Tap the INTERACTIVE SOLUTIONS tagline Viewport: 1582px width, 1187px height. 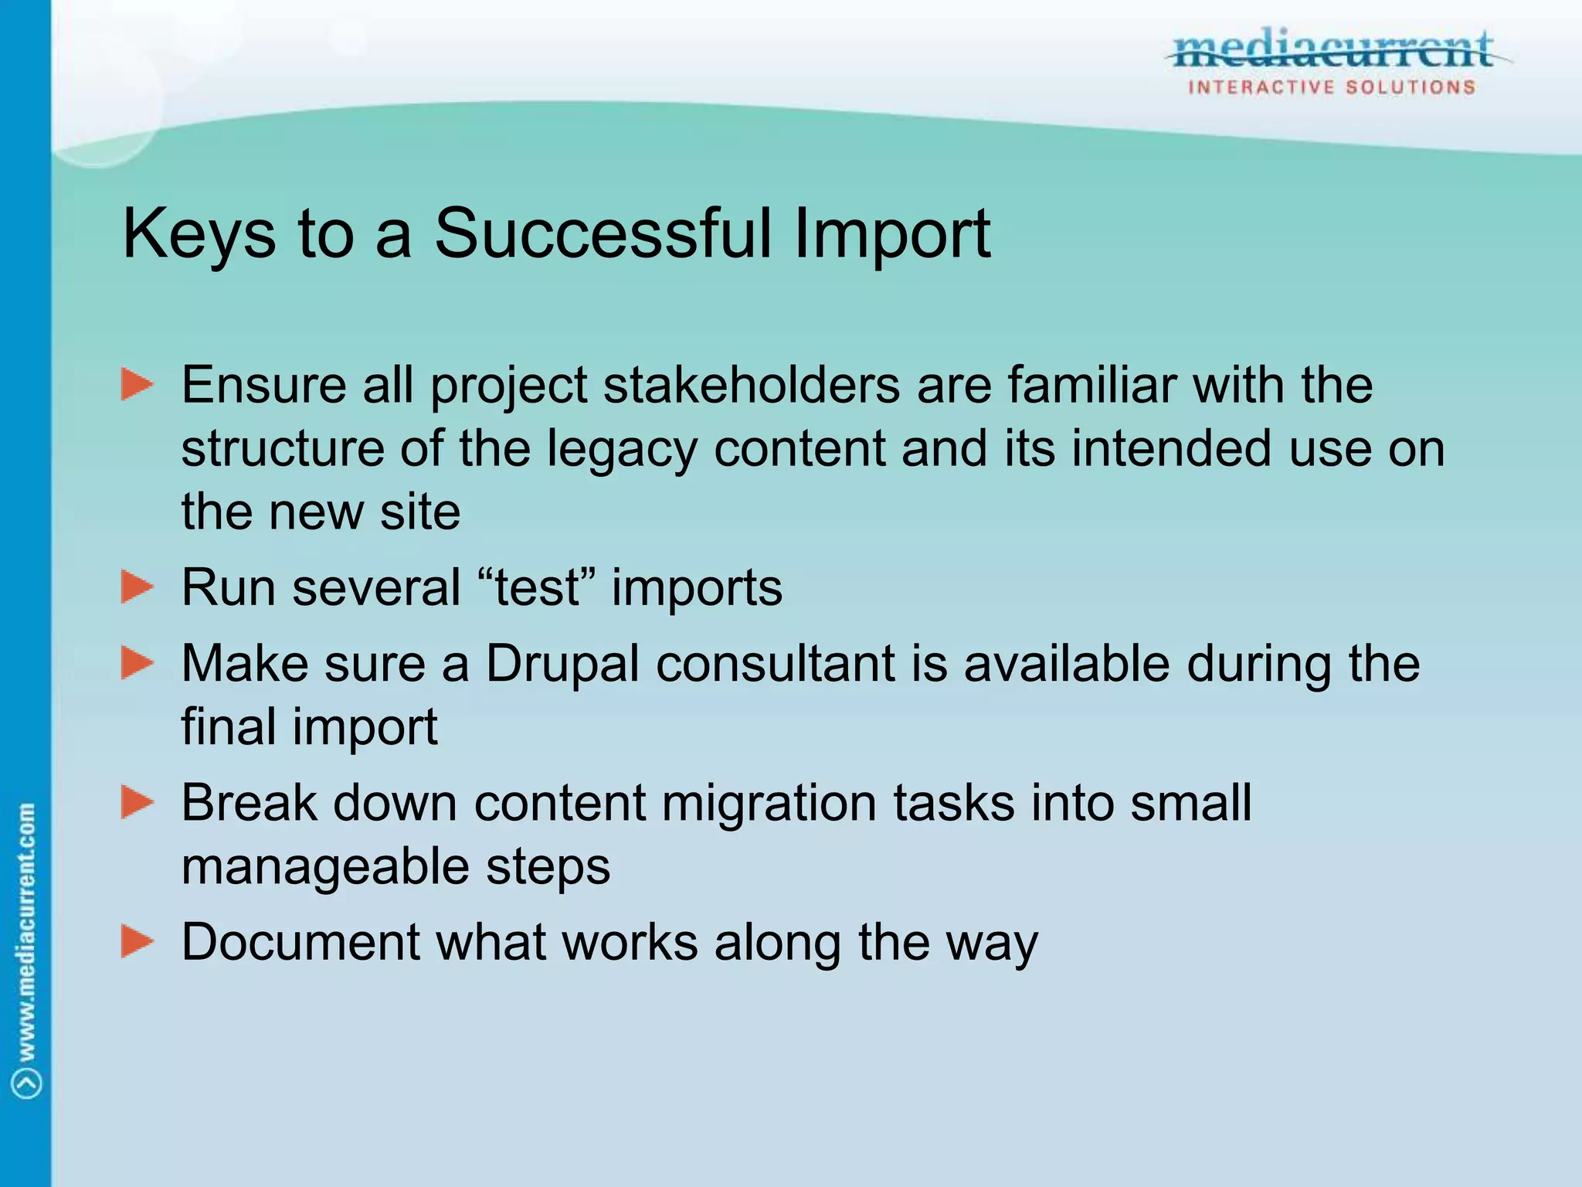tap(1332, 87)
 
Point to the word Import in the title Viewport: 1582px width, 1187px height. tap(892, 234)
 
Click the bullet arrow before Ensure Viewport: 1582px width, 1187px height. tap(137, 385)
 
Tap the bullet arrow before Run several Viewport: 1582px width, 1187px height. tap(137, 587)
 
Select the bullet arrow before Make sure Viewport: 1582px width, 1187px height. tap(137, 664)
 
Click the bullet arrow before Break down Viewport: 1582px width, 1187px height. tap(137, 802)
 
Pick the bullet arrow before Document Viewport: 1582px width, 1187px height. tap(137, 941)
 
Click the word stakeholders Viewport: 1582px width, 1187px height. tap(751, 385)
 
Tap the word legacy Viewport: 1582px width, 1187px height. tap(622, 450)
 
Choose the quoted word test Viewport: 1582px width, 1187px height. tap(538, 587)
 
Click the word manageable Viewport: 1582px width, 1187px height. tap(325, 867)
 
